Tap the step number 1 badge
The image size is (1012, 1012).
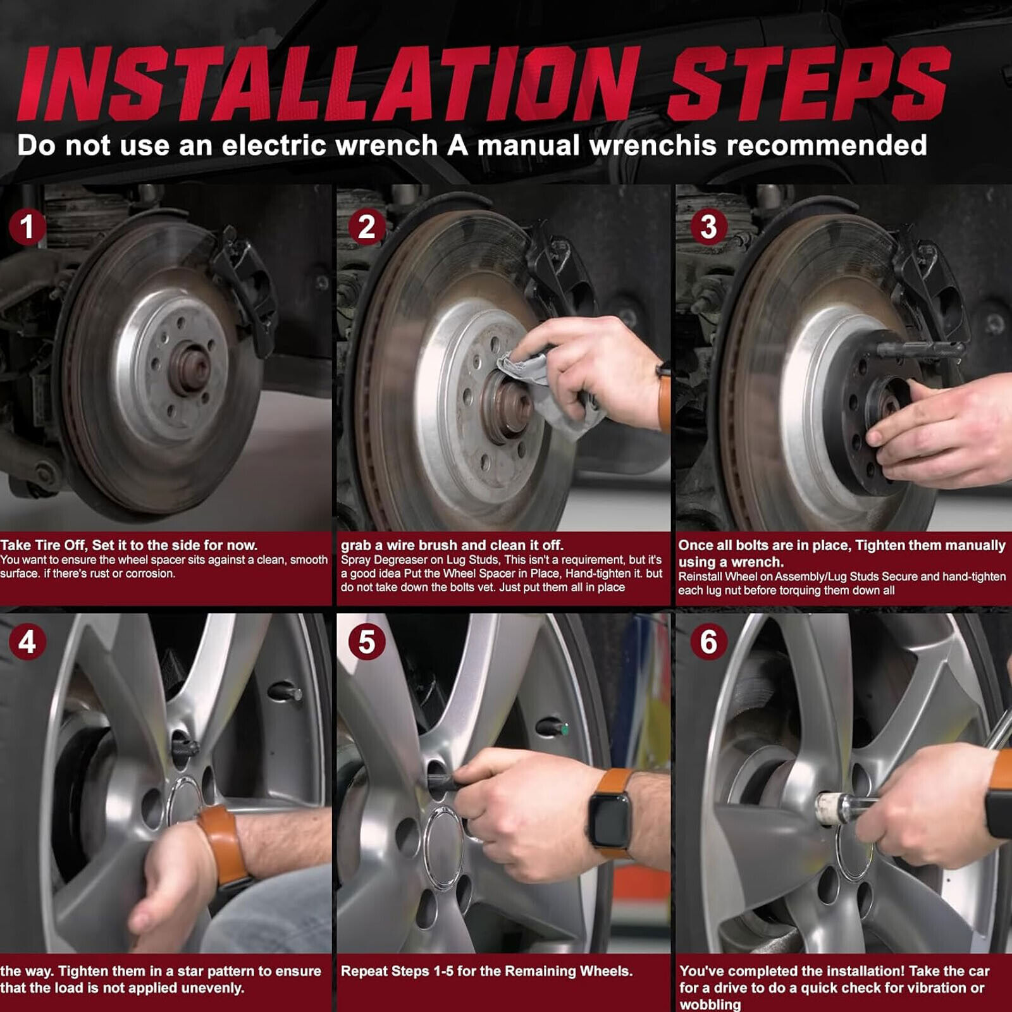[27, 227]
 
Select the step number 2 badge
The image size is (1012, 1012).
[367, 227]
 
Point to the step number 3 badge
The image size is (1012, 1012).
[708, 227]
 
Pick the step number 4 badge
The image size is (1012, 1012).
[27, 642]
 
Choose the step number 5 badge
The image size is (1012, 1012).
[367, 642]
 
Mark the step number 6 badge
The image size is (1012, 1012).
[708, 642]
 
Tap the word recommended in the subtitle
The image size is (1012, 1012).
[827, 145]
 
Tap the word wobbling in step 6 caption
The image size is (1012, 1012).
[710, 1004]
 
